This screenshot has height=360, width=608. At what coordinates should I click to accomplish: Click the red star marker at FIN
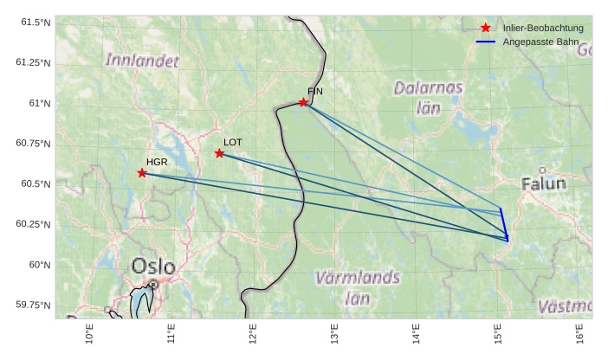pos(304,102)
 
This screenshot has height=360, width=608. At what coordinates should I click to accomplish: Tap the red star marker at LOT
pos(220,153)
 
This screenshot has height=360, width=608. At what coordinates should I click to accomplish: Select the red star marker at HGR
pos(142,173)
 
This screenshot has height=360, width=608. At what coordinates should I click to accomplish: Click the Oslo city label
pos(153,267)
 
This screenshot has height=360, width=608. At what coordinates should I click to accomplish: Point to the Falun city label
pos(544,183)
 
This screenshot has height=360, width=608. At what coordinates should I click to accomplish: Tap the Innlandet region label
pos(142,61)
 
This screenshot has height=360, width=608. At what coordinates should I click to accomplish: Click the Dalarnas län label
pos(429,97)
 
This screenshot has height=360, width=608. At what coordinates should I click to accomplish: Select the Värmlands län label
pos(358,287)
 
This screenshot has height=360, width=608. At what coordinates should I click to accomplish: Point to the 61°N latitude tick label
pos(38,104)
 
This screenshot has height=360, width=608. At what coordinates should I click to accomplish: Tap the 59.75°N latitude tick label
pos(33,305)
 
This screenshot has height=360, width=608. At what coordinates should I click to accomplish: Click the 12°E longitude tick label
pos(253,333)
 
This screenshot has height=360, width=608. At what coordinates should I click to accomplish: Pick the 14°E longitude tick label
pos(416,333)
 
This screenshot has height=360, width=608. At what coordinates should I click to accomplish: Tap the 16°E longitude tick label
pos(579,333)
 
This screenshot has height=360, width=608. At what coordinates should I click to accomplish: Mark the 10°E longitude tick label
pos(90,333)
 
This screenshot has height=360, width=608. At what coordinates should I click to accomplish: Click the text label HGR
pos(157,162)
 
